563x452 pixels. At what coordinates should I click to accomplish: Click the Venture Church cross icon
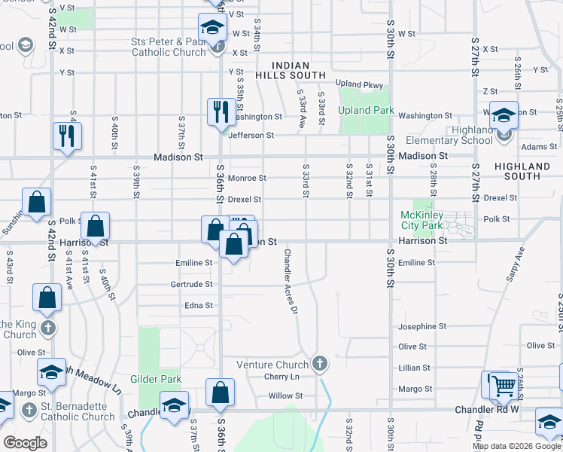(319, 365)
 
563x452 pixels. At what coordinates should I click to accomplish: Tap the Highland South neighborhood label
(523, 171)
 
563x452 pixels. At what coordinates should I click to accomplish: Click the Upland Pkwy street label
(359, 84)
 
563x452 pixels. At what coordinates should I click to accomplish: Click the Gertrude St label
(192, 285)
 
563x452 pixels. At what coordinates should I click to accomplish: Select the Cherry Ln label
(281, 377)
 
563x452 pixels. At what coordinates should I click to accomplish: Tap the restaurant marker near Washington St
(218, 112)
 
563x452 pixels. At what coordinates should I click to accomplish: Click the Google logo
(25, 443)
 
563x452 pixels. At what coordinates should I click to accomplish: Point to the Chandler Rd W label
(488, 410)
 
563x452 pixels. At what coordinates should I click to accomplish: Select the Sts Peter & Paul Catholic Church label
(168, 47)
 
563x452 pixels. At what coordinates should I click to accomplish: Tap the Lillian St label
(415, 368)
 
